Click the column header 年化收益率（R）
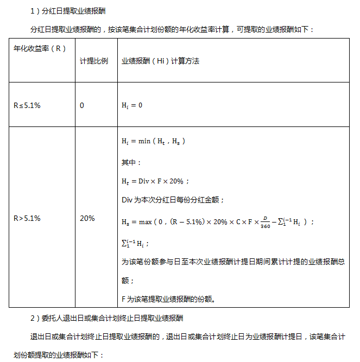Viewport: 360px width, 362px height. click(39, 48)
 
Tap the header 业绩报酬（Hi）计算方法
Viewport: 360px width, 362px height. click(160, 61)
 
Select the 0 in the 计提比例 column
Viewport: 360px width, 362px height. click(82, 105)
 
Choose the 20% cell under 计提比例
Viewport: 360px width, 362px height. click(87, 218)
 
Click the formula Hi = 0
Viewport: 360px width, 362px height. click(132, 105)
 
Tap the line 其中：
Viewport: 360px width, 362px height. click(131, 162)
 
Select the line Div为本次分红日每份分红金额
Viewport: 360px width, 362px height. click(173, 200)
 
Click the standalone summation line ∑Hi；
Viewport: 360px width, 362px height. click(135, 243)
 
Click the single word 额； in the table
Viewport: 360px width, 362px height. click(128, 281)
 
